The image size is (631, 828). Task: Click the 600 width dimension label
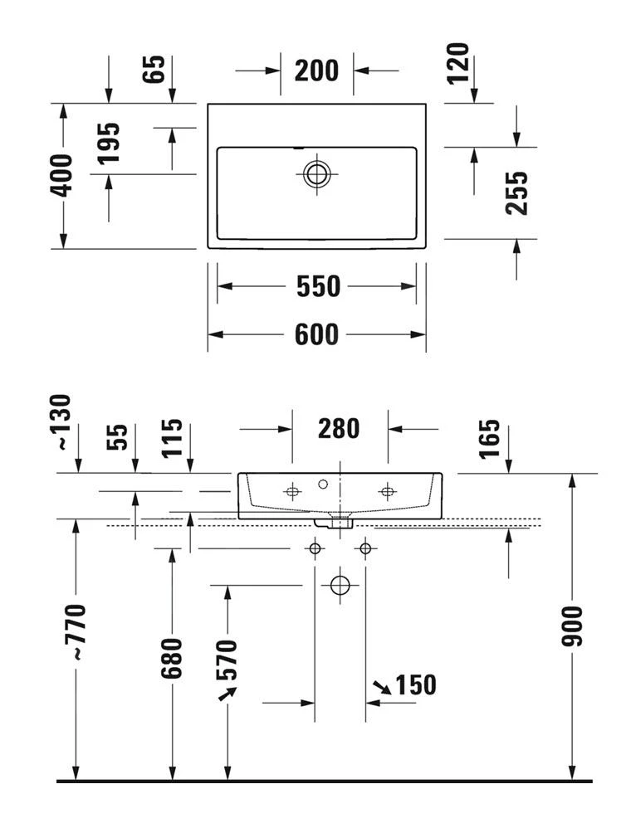coord(316,334)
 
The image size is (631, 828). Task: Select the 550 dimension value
coord(318,286)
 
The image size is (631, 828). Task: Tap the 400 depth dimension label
coord(61,176)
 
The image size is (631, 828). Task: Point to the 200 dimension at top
coord(316,71)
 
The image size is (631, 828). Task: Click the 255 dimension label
coord(516,192)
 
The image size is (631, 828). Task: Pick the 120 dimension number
coord(457,63)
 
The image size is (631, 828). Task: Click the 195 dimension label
coord(108,144)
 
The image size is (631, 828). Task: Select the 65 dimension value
coord(154,69)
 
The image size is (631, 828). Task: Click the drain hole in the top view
coord(316,173)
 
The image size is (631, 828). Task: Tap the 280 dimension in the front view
coord(339,428)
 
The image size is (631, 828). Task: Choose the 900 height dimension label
coord(571,626)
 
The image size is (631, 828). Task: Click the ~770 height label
coord(75,631)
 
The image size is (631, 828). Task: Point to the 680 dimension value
coord(171,658)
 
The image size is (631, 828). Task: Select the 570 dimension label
coord(227,660)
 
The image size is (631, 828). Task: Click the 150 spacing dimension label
coord(416,685)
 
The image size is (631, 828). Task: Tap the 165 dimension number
coord(489,440)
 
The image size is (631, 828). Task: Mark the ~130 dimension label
coord(61,422)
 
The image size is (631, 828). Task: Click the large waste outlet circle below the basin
coord(340,585)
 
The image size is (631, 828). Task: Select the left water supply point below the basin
coord(315,548)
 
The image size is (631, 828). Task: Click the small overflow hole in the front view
coord(323,484)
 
